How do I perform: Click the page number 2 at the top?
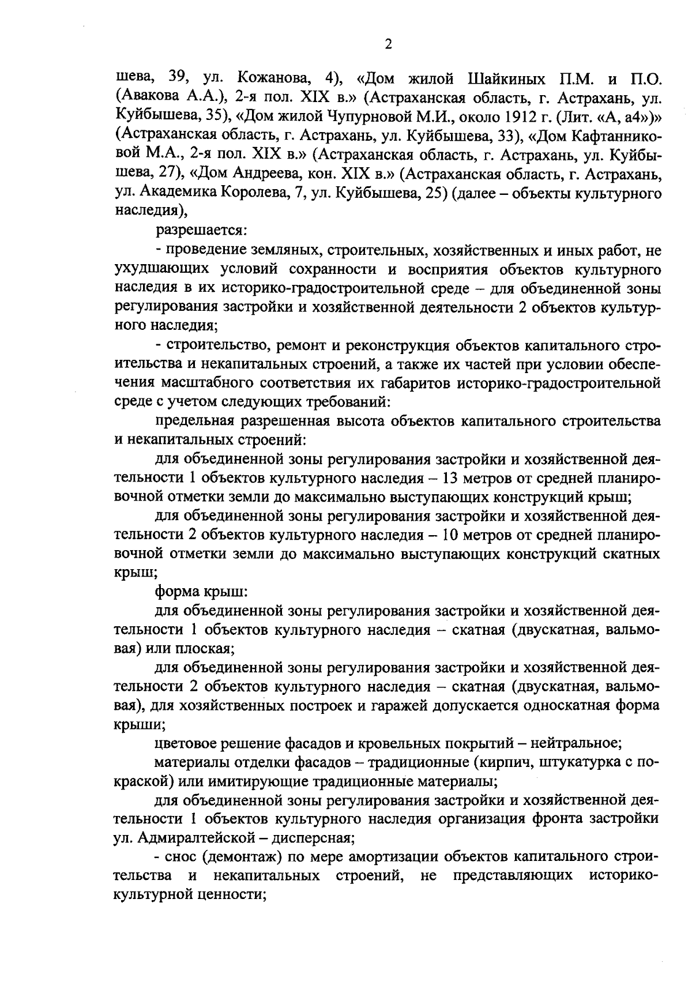[x=388, y=44]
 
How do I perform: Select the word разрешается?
[x=200, y=231]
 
